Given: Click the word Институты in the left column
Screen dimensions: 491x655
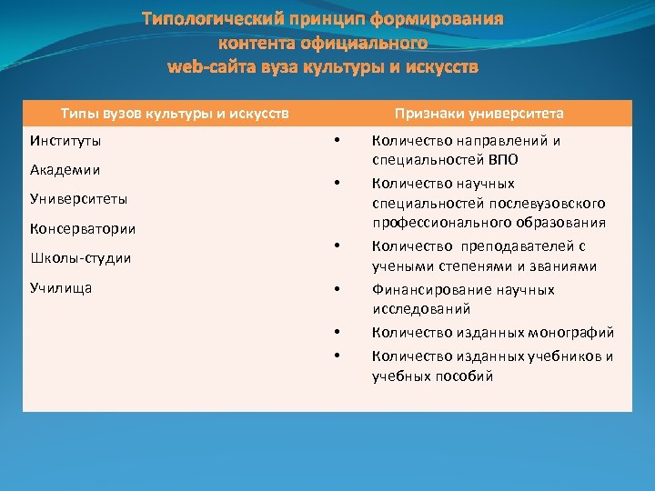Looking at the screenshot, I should (x=65, y=141).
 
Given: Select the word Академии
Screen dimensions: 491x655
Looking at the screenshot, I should (x=65, y=170).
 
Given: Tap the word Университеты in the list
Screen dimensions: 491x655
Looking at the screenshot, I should (x=78, y=199).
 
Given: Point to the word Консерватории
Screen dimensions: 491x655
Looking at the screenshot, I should (x=82, y=228).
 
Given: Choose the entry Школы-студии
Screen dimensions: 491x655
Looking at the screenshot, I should (x=80, y=258).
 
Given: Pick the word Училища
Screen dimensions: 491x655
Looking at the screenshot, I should (x=60, y=288).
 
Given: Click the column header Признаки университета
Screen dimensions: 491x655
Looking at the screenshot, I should (x=479, y=114).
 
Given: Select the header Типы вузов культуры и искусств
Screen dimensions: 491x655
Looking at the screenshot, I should (x=175, y=114).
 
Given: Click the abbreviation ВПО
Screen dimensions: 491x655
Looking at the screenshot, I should (x=502, y=160).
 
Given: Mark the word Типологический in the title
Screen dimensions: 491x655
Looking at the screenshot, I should (x=209, y=19).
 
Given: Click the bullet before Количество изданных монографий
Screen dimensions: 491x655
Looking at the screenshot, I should (x=337, y=333).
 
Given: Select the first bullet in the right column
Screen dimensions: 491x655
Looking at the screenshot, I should (x=337, y=141).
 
